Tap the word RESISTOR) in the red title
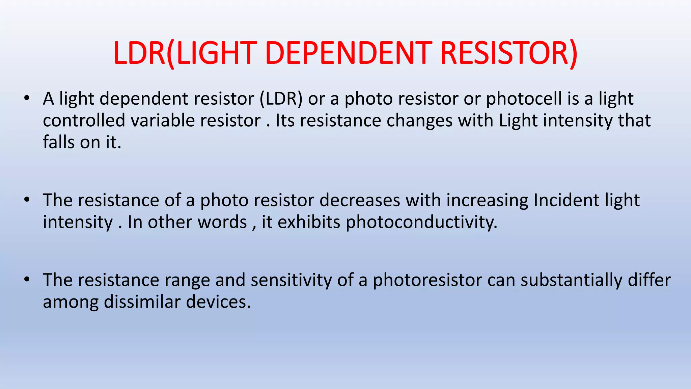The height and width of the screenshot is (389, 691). pos(509,53)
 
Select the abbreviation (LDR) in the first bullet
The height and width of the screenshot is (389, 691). pos(281,99)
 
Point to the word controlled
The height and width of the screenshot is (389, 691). pos(84,121)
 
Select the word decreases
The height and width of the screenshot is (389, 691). pos(360,200)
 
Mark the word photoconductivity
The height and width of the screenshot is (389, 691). pos(421,223)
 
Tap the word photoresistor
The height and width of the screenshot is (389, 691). pos(427,280)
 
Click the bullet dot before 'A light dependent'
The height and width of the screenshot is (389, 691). pos(27,99)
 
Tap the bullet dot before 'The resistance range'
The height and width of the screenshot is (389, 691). pos(27,280)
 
